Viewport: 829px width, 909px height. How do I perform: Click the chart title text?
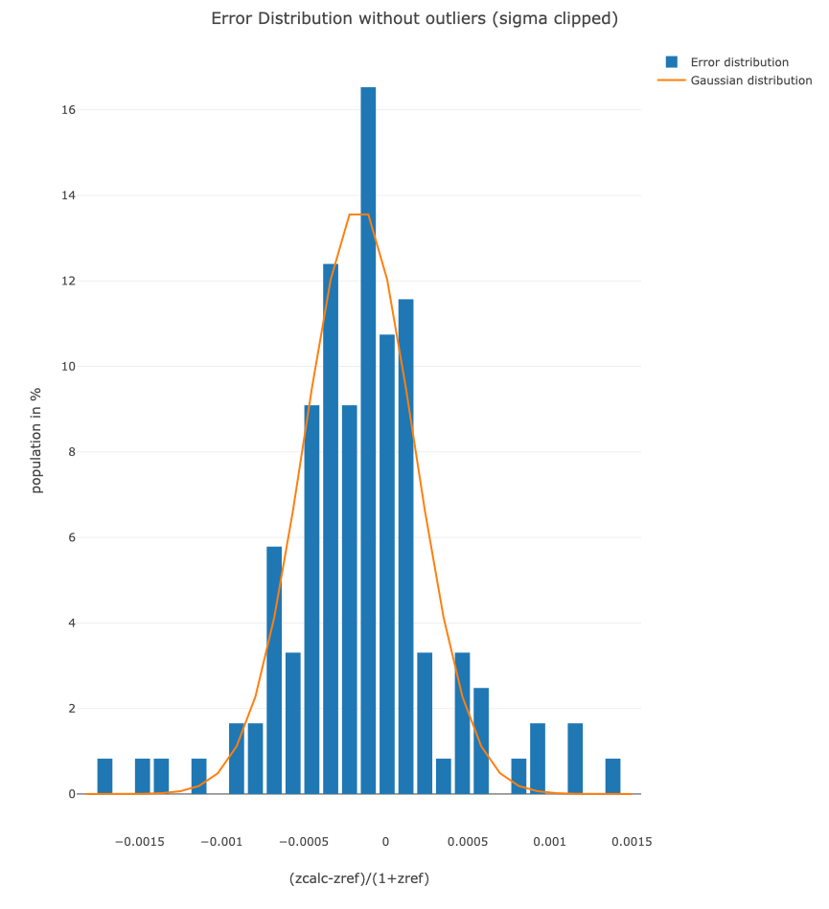pyautogui.click(x=414, y=19)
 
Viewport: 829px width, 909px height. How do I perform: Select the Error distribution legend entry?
pyautogui.click(x=739, y=62)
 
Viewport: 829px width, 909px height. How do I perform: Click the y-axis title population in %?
pyautogui.click(x=36, y=440)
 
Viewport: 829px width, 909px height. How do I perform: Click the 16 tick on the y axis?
pyautogui.click(x=69, y=110)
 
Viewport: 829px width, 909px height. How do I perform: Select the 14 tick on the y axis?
pyautogui.click(x=69, y=195)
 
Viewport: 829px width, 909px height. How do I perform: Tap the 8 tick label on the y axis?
pyautogui.click(x=72, y=452)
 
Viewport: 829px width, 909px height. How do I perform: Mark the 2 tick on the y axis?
pyautogui.click(x=72, y=709)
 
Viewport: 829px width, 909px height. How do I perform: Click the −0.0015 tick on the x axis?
pyautogui.click(x=140, y=842)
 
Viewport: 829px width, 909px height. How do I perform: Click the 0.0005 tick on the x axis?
pyautogui.click(x=467, y=842)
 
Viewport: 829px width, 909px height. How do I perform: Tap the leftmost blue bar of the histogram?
pyautogui.click(x=104, y=777)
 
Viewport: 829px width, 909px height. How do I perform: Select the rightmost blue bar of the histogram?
pyautogui.click(x=612, y=777)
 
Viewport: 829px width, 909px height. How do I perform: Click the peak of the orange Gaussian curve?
pyautogui.click(x=358, y=215)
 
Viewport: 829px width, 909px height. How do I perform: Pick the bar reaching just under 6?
pyautogui.click(x=274, y=670)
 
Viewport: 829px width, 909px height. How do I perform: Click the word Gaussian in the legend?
pyautogui.click(x=718, y=80)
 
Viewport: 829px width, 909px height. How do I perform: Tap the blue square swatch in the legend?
pyautogui.click(x=672, y=62)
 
